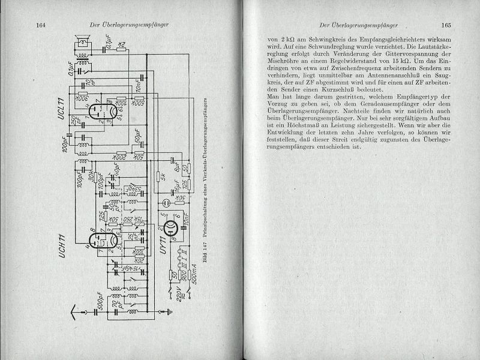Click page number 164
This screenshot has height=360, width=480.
[41, 25]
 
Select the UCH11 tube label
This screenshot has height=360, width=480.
[62, 248]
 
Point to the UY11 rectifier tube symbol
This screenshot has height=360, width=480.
[170, 226]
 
